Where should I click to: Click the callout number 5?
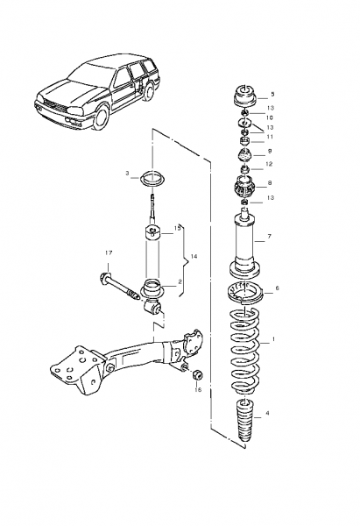[272, 95]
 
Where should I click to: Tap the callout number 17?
[109, 253]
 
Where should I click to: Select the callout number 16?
[198, 389]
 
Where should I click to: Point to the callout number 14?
[194, 257]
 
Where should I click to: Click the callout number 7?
[270, 237]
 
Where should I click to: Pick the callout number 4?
[267, 413]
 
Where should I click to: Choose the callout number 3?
[127, 173]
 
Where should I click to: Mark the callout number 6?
[277, 288]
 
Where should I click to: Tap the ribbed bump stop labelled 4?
[246, 423]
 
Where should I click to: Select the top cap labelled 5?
[244, 96]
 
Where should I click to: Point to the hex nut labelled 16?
[197, 374]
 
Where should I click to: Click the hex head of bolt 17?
[104, 278]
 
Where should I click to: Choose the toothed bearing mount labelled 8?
[244, 188]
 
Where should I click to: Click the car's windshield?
[87, 73]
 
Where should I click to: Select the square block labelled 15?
[152, 231]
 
